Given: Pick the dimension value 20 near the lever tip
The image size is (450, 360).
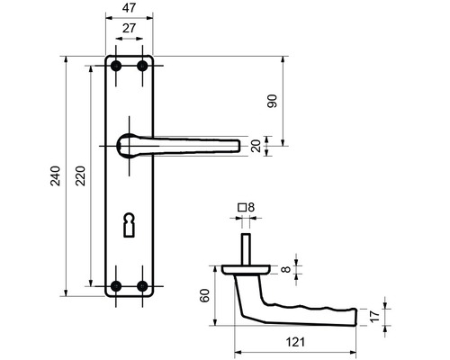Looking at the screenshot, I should coord(256,146).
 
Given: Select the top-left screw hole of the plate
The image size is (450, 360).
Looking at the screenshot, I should coord(115,66).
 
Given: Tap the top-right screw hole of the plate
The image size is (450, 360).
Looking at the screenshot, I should coord(141,66).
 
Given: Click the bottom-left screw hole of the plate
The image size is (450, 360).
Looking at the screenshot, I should coord(115,286).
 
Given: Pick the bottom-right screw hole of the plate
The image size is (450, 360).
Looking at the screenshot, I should coord(141,286).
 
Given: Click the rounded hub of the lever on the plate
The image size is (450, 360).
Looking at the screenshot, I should coord(129,141).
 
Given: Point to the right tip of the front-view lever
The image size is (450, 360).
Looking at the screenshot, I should coord(238,145).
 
